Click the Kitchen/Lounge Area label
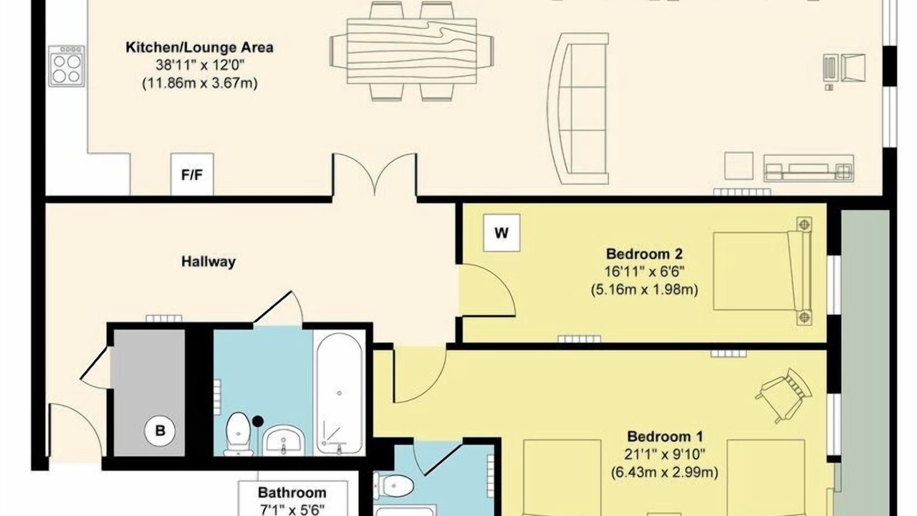pos(199,47)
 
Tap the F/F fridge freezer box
pos(192,174)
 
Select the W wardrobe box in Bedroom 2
pos(501,233)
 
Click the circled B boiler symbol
pos(160,431)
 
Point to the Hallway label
pos(208,262)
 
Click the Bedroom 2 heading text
pos(644,254)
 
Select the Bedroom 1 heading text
pos(665,436)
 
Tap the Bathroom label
pos(292,492)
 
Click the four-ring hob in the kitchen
pos(67,66)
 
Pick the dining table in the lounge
pos(411,51)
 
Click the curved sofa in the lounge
pos(578,108)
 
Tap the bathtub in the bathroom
pos(340,393)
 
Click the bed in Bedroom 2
pos(763,271)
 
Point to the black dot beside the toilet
pos(257,421)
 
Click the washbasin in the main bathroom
pos(283,441)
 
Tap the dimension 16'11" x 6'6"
pos(644,272)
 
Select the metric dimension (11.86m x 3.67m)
pos(199,84)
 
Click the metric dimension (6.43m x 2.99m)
pos(664,472)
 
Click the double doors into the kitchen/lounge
pos(375,174)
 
